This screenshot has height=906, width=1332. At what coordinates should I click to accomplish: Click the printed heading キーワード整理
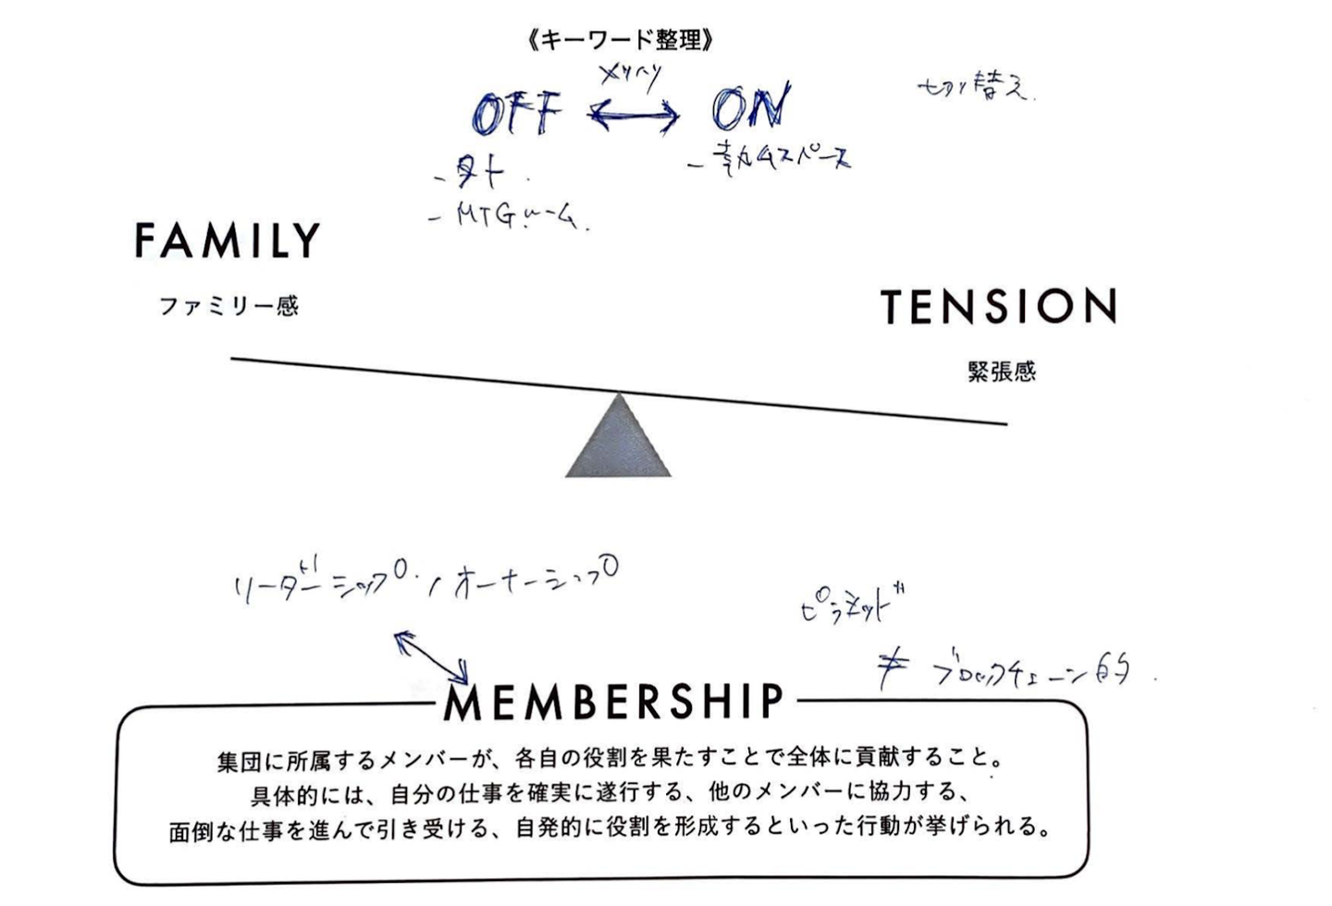pos(621,40)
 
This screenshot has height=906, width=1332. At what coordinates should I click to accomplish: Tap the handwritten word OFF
pos(517,114)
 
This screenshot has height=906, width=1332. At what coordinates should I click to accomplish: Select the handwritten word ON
pos(751,107)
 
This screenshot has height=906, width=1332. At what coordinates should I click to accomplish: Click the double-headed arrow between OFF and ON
pos(635,115)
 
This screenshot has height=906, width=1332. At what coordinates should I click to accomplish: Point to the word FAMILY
pos(228,240)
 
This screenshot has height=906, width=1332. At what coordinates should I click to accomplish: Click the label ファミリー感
pos(228,306)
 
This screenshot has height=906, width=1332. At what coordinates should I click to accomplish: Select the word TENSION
pos(998,307)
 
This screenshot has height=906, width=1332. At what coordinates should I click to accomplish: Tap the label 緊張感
pos(1002,372)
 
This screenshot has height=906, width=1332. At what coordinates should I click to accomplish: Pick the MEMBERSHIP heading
pos(614,703)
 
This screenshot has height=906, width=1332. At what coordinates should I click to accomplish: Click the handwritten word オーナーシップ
pos(536,580)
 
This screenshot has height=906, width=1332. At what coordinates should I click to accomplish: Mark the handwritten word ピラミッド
pos(851,606)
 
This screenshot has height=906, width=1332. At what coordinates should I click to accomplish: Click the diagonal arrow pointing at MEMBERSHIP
pos(432,655)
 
